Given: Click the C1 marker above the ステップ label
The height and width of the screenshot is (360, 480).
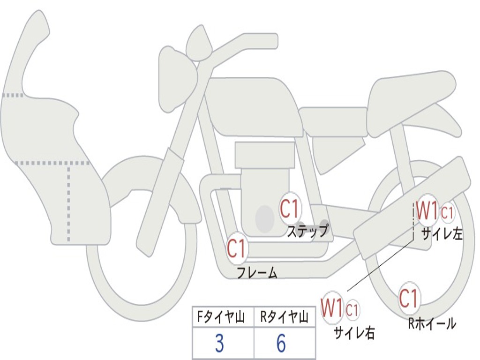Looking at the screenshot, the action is tap(289, 208).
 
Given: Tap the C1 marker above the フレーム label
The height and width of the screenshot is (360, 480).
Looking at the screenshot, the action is tap(237, 248).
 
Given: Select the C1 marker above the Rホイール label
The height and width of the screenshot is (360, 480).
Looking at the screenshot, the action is tap(408, 298).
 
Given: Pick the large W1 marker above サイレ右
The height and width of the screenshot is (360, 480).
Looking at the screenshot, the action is tap(332, 308).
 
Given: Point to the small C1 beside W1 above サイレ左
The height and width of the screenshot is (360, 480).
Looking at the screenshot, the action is tap(448, 213).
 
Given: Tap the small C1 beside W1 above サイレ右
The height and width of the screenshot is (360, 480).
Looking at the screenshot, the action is tap(352, 310).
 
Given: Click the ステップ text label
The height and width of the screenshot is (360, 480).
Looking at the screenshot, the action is tap(308, 231).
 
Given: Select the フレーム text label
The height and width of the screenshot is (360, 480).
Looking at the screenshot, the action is tap(257, 272).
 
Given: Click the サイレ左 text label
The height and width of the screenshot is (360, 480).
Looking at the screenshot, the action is tap(442, 234).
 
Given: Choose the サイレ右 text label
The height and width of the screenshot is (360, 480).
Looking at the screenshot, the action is tap(354, 333).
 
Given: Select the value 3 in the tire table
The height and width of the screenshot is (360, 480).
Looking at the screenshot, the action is tap(219, 344).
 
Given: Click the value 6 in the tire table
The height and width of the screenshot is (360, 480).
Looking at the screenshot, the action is tap(281, 344).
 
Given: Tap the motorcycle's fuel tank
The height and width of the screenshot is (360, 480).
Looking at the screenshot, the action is tap(253, 107).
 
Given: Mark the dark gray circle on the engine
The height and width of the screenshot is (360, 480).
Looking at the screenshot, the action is tap(265, 218).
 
